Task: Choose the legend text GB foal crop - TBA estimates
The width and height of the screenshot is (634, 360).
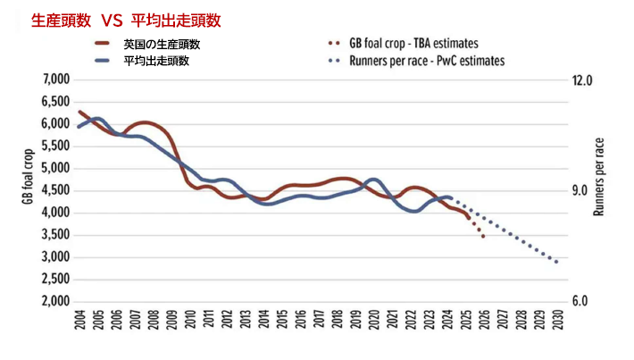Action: coord(413,43)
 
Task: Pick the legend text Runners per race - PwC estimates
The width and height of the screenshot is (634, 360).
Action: coord(427,61)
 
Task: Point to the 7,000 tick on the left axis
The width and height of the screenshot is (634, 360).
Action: coord(55,80)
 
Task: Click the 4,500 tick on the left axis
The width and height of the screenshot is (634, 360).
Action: coord(55,190)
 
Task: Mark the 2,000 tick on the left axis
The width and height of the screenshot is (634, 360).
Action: coord(55,301)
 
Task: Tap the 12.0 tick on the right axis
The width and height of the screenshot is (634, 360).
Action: coord(582,80)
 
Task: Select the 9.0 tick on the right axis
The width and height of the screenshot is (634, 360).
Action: coord(582,190)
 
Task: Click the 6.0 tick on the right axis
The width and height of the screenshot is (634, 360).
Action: coord(582,301)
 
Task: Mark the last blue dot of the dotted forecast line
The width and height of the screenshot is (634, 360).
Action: coord(557,262)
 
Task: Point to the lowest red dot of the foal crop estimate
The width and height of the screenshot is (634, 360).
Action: coord(483,236)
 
